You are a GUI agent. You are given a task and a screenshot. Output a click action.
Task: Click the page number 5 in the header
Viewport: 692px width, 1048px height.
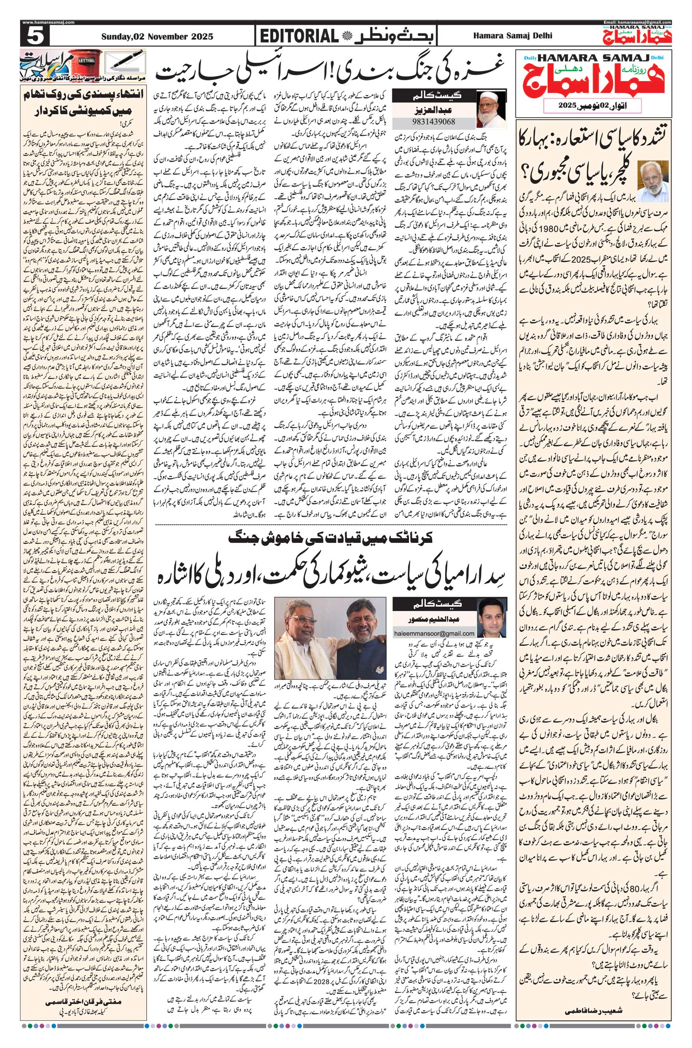pyautogui.click(x=34, y=36)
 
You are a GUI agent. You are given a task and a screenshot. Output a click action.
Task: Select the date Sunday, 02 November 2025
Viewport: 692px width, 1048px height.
pyautogui.click(x=157, y=37)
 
